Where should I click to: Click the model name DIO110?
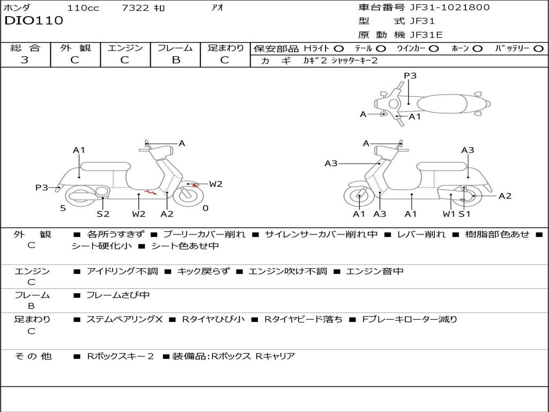[x=34, y=21]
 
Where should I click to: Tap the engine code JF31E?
[x=426, y=35]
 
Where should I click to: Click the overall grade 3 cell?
[x=25, y=60]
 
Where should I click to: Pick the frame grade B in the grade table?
[x=175, y=60]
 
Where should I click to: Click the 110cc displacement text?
[x=83, y=8]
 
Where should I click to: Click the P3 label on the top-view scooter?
[x=410, y=76]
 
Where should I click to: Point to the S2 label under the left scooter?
[x=103, y=214]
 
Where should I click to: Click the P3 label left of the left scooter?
[x=42, y=188]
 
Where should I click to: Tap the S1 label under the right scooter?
[x=464, y=214]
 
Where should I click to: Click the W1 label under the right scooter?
[x=449, y=214]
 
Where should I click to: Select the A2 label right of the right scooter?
[x=505, y=196]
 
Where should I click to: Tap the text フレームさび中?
[x=118, y=295]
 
